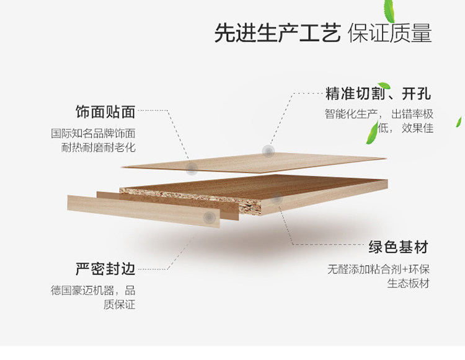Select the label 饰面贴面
pyautogui.click(x=105, y=112)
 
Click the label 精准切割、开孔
pyautogui.click(x=378, y=95)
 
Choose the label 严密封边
pyautogui.click(x=105, y=270)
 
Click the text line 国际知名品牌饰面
pyautogui.click(x=93, y=133)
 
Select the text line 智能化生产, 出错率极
pyautogui.click(x=378, y=115)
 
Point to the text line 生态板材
pyautogui.click(x=408, y=284)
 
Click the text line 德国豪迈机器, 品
pyautogui.click(x=93, y=291)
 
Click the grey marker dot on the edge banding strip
pyautogui.click(x=210, y=217)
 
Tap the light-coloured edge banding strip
pyautogui.click(x=143, y=210)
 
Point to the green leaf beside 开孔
pyautogui.click(x=384, y=86)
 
